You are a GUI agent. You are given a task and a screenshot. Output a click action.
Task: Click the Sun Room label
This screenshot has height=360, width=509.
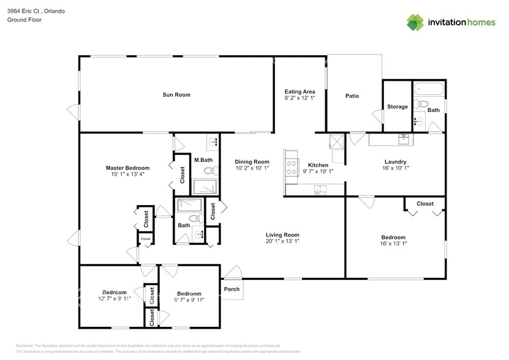[176, 95]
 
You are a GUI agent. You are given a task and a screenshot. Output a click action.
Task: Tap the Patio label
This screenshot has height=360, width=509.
[352, 96]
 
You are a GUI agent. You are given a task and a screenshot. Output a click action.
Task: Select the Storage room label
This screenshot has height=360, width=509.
[397, 107]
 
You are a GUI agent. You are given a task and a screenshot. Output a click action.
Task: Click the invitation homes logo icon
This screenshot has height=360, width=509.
[416, 22]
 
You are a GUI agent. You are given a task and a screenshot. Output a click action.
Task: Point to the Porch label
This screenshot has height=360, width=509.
[232, 290]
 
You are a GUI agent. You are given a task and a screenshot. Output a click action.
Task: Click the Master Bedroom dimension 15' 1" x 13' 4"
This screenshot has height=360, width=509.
[127, 174]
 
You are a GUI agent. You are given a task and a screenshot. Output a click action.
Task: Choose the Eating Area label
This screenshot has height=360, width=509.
[300, 92]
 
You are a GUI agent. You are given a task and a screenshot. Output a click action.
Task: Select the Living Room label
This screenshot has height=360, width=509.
[282, 234]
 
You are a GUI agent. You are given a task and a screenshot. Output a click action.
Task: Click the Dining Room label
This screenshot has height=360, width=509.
[252, 162]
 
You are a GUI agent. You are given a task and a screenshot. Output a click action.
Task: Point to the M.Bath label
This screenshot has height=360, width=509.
[203, 160]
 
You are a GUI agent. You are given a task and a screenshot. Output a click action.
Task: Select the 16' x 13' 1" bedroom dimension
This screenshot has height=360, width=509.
[393, 244]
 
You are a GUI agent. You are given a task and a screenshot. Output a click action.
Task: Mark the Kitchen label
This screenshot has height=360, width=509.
[318, 165]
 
